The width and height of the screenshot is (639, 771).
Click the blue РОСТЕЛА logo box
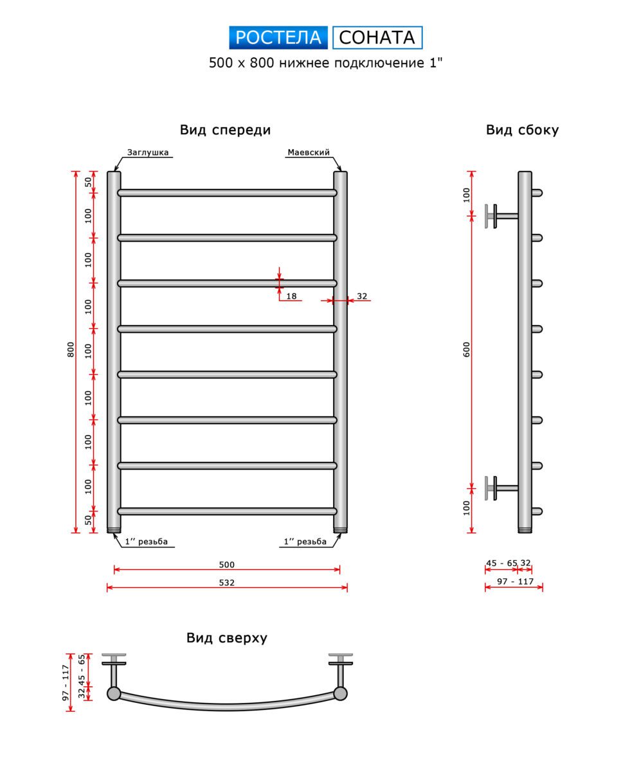(x=278, y=37)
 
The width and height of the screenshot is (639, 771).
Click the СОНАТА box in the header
(x=377, y=37)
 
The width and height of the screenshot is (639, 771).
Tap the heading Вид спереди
(x=225, y=130)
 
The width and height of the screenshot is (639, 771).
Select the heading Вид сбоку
(x=522, y=130)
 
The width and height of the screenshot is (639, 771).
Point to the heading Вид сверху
(x=226, y=638)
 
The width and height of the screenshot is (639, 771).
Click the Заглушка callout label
(x=147, y=152)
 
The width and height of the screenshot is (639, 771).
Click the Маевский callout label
(x=308, y=152)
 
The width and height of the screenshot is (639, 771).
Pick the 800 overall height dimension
(x=71, y=350)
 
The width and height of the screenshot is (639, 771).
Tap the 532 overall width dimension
(x=226, y=583)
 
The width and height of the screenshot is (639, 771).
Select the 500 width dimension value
(x=226, y=565)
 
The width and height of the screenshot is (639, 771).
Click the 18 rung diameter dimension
(x=291, y=296)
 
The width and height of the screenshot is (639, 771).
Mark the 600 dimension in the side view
(x=467, y=350)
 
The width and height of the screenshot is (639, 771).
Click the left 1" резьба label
(x=147, y=542)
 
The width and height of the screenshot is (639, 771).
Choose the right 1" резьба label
(x=305, y=542)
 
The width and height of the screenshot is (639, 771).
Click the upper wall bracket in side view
(x=501, y=216)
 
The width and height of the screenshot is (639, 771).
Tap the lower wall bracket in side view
(x=501, y=488)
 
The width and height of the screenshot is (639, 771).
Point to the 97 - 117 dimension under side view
(x=515, y=581)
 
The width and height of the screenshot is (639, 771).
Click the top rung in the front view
(x=227, y=193)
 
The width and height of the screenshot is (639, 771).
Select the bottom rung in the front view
(x=227, y=511)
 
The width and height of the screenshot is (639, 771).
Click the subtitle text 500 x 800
(x=241, y=63)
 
